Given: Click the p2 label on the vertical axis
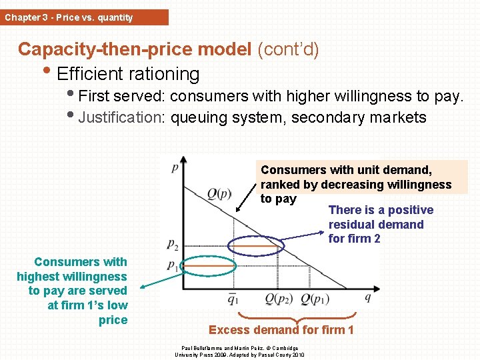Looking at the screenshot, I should pos(173,244).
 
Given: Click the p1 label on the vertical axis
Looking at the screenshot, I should pos(172,265).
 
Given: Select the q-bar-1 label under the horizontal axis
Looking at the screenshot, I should pos(233,298).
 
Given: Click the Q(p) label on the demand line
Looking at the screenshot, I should pos(220,193).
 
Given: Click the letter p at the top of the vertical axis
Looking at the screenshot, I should pos(175,167).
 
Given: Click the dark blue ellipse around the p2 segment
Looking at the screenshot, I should pos(256,247).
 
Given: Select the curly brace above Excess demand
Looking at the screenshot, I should pos(297,317).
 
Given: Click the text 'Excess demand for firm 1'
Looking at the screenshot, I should pos(281,330).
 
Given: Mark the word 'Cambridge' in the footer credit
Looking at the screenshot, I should pos(289,348).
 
